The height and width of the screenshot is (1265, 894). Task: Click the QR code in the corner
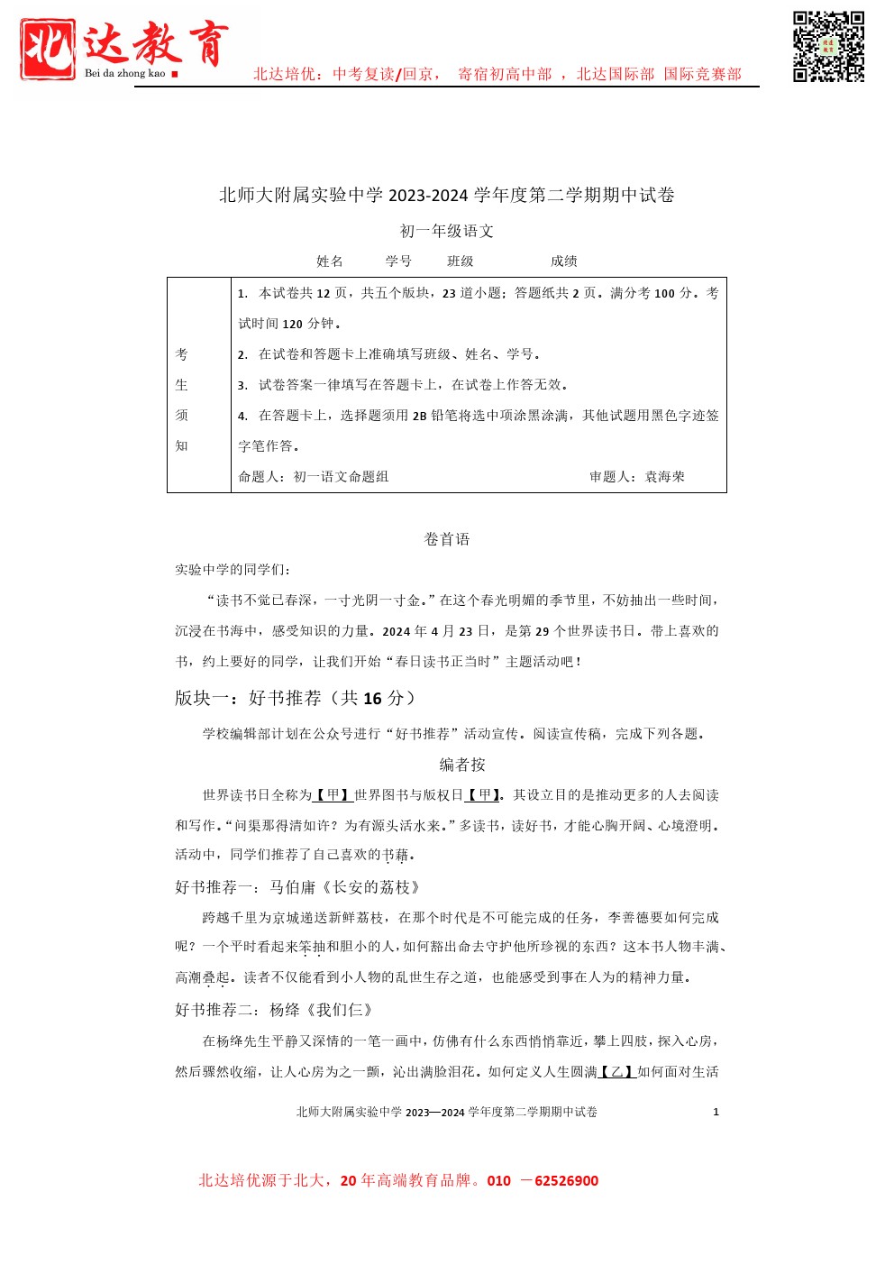coord(828,47)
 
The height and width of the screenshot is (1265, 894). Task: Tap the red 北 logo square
coord(48,48)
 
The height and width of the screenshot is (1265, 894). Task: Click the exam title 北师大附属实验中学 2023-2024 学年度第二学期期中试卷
coord(447,195)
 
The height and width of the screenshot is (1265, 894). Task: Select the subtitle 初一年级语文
coord(447,231)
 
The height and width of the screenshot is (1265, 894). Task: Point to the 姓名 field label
coord(330,261)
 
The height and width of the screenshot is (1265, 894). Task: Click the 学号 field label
coord(398,261)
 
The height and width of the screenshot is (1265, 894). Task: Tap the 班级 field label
coord(461,261)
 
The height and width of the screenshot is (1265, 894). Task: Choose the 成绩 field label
coord(564,261)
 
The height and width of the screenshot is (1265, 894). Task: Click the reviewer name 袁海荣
coord(665,477)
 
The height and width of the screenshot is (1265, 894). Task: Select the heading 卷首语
coord(447,539)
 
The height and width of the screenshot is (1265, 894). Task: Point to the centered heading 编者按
coord(462,765)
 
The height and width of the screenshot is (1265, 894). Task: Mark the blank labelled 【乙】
coord(617,1072)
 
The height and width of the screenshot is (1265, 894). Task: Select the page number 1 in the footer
coord(716,1112)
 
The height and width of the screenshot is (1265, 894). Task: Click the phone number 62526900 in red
coord(566,1181)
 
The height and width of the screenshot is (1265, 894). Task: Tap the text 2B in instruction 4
coord(420,417)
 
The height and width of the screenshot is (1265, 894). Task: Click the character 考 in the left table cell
coord(181,354)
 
